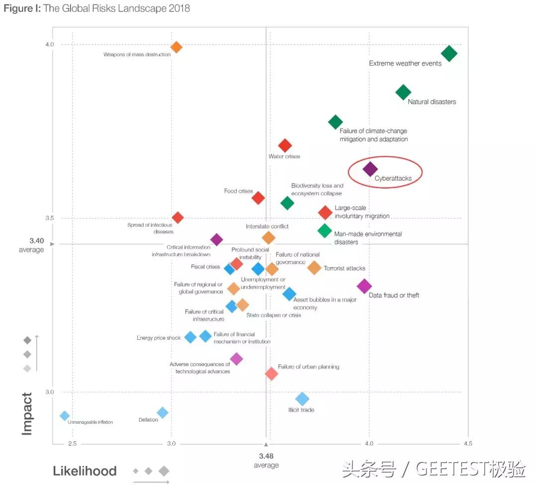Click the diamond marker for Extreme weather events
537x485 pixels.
pos(449,53)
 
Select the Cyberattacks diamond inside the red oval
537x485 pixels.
pos(370,169)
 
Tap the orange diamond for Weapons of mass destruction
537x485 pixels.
pos(176,47)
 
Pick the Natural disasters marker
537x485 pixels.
pos(403,92)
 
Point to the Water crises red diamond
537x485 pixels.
pos(285,145)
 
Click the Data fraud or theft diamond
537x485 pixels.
pos(364,286)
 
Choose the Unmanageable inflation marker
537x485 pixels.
pos(65,416)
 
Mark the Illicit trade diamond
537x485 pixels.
pos(302,398)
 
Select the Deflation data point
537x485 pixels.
pos(163,412)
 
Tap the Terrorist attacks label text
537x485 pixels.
pos(345,269)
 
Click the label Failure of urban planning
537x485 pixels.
pos(308,367)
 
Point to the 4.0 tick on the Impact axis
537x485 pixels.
pos(50,45)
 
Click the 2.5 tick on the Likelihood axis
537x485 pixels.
pos(73,444)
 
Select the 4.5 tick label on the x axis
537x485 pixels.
pos(468,444)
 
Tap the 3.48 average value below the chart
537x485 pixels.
pos(266,456)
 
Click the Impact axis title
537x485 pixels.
pos(27,414)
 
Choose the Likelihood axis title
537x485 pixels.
pos(85,471)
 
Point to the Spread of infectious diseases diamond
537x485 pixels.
pos(178,217)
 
